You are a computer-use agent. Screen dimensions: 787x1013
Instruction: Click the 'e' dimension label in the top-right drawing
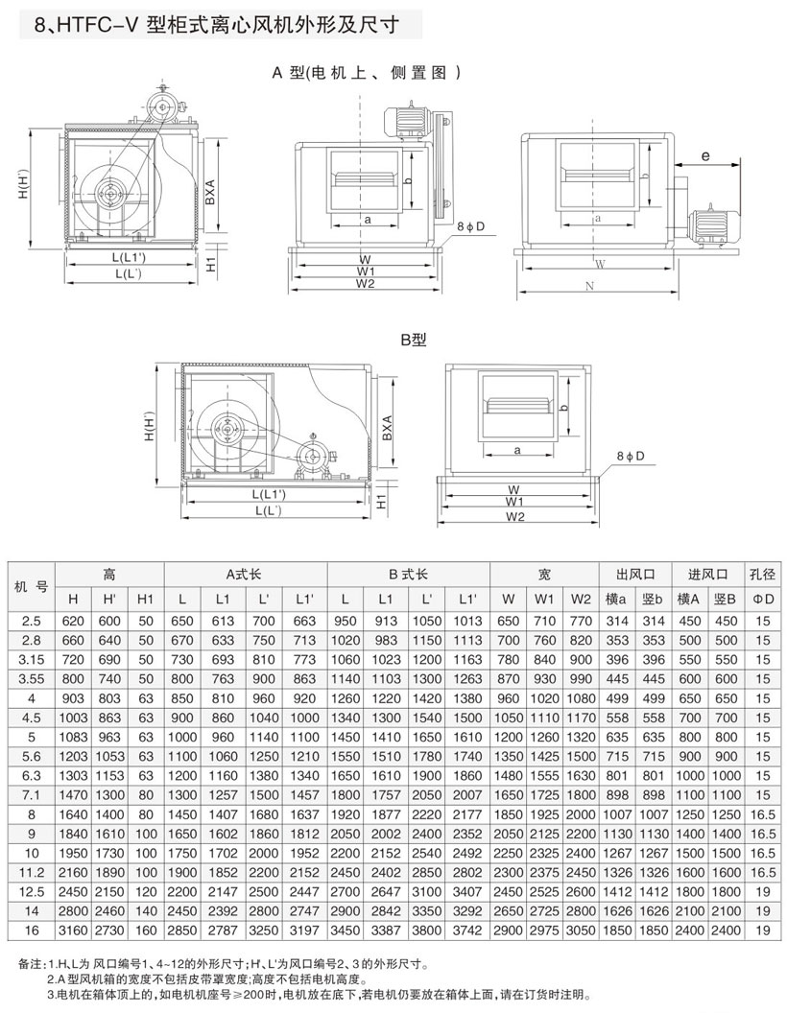pos(704,155)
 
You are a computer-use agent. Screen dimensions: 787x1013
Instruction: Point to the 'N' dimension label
pos(589,286)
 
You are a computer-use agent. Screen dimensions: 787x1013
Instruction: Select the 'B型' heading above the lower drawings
pos(415,340)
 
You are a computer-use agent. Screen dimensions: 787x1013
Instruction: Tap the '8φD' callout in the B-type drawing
pos(631,456)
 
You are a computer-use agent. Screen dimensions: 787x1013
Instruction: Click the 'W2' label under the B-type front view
pos(515,516)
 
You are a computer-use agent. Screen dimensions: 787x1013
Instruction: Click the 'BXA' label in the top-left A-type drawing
pos(210,193)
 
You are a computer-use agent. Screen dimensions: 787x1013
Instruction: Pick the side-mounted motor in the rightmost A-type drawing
pos(709,226)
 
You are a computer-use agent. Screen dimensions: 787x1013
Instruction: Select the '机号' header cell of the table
pos(31,587)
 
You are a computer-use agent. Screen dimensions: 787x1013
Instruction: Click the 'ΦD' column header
pos(762,599)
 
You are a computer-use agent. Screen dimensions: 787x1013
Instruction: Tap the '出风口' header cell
pos(635,575)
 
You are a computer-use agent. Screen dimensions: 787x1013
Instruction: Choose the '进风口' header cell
pos(708,575)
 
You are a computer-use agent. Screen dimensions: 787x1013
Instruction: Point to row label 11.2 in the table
pos(31,872)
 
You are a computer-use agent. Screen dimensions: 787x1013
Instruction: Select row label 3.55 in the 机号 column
pos(31,679)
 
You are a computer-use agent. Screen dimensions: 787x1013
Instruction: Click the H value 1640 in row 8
pos(73,814)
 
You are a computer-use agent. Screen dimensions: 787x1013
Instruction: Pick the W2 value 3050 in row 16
pos(581,931)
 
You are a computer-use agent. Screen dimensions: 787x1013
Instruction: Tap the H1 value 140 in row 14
pos(145,911)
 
